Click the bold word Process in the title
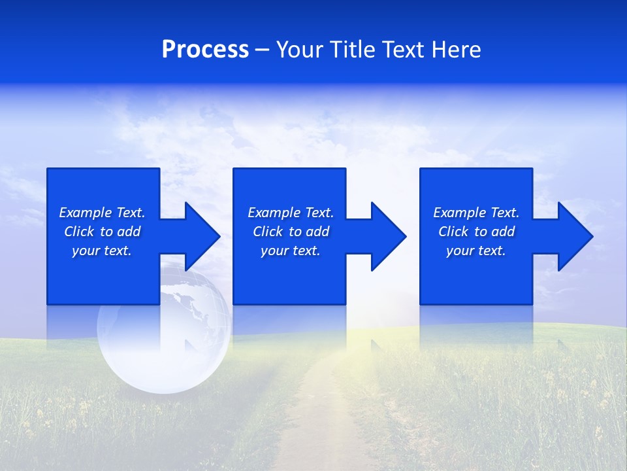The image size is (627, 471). (205, 50)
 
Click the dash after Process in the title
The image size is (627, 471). (263, 50)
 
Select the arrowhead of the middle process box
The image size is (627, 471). (387, 236)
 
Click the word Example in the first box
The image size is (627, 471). (86, 213)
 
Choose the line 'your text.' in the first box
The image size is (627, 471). (102, 251)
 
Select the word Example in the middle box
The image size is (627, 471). (274, 213)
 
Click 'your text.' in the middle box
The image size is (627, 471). (290, 251)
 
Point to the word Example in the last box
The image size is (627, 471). (460, 213)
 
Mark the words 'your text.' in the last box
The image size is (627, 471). (475, 251)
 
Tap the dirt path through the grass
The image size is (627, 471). (313, 419)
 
